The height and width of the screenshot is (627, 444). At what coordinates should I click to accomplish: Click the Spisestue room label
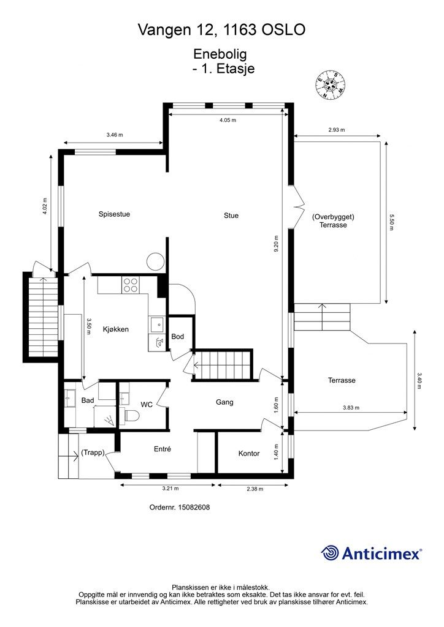click(x=114, y=214)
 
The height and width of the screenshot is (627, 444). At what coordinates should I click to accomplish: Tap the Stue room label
click(x=231, y=216)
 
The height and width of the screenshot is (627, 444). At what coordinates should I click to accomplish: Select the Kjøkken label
click(x=116, y=329)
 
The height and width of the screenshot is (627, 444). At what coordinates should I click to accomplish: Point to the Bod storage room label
click(x=177, y=337)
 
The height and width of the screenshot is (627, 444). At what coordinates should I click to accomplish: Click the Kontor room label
click(x=249, y=454)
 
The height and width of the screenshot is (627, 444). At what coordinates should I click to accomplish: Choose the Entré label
click(x=163, y=449)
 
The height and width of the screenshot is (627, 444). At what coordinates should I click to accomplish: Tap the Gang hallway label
click(x=224, y=402)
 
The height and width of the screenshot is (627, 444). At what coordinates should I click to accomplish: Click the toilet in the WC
click(x=131, y=416)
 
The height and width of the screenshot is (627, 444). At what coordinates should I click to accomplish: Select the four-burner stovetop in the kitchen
click(x=131, y=285)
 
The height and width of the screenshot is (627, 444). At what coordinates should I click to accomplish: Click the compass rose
click(x=331, y=84)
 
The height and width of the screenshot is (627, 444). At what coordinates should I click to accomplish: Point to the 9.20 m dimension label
click(x=276, y=244)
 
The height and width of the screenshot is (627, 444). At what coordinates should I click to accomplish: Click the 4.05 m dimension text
click(x=228, y=120)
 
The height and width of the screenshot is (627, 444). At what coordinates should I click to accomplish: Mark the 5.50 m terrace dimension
click(x=391, y=222)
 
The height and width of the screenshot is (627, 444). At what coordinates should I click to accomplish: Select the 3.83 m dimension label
click(x=351, y=408)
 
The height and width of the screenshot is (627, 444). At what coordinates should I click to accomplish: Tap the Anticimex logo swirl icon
click(x=330, y=554)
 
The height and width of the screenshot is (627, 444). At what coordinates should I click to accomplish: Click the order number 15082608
click(x=194, y=508)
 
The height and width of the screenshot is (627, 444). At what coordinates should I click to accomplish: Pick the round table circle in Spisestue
click(x=155, y=262)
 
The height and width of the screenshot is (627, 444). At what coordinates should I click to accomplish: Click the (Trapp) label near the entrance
click(x=93, y=452)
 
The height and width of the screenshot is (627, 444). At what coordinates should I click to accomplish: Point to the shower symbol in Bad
click(x=109, y=420)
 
